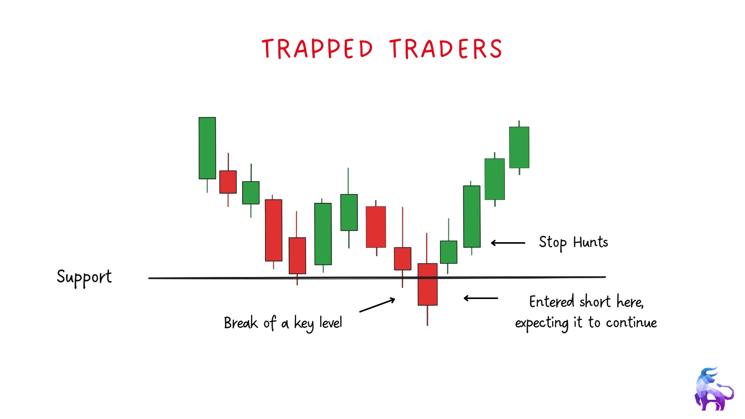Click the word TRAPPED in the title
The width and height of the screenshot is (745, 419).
click(x=317, y=49)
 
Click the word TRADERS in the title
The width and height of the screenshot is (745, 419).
click(x=446, y=49)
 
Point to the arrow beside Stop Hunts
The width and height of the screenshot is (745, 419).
click(x=508, y=243)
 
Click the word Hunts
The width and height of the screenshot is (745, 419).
click(x=591, y=242)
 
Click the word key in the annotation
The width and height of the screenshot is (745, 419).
click(x=303, y=324)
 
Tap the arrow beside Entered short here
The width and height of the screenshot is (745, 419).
click(x=481, y=298)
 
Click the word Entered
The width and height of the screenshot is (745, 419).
click(x=551, y=301)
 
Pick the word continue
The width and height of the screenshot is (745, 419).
click(x=631, y=322)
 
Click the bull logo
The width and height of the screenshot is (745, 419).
click(x=714, y=389)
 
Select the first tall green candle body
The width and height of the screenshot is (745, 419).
click(x=207, y=148)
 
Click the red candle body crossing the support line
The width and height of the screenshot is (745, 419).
click(x=428, y=284)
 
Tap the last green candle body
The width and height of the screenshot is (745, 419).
click(x=519, y=147)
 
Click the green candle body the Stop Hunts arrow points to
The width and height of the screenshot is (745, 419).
click(x=472, y=216)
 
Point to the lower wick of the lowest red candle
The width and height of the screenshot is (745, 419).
click(x=427, y=315)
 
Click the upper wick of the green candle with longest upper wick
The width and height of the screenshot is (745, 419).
click(x=348, y=181)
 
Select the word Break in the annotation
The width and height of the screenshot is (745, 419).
click(x=241, y=323)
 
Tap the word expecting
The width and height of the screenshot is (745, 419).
click(x=542, y=323)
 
